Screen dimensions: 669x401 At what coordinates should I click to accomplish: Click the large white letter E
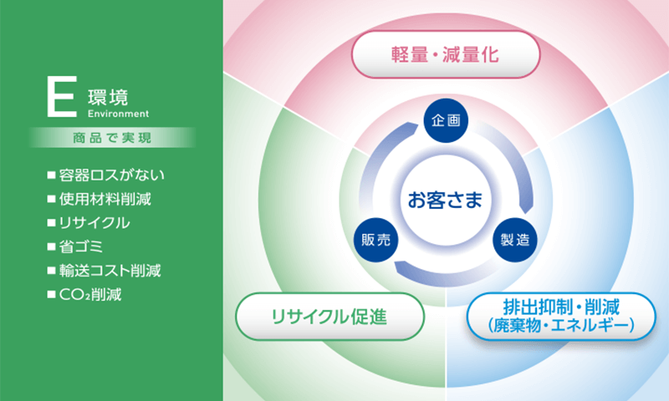(62, 96)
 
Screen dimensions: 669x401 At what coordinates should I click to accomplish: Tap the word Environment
(118, 114)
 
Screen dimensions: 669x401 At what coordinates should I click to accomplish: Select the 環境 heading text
(108, 98)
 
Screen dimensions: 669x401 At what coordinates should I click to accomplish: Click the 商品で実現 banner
(112, 138)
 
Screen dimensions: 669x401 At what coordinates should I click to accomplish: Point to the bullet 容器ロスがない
(106, 175)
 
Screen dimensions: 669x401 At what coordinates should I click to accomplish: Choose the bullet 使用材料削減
(99, 199)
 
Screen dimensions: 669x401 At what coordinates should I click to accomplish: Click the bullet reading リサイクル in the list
(89, 223)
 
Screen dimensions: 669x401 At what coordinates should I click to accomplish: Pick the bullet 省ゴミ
(75, 246)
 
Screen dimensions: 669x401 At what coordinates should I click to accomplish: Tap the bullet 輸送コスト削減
(104, 271)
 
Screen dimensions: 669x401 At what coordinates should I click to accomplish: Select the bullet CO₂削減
(84, 294)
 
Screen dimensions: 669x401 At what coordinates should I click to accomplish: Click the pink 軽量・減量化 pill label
(446, 54)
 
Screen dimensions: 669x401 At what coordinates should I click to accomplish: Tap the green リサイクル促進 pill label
(329, 317)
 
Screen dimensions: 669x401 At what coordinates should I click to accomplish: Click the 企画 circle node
(446, 120)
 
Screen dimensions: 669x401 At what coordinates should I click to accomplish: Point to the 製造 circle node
(515, 240)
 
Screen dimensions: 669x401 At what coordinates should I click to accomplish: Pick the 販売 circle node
(375, 240)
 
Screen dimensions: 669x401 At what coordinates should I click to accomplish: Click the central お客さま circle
(446, 200)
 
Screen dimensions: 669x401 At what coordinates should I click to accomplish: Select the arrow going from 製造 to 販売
(445, 278)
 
